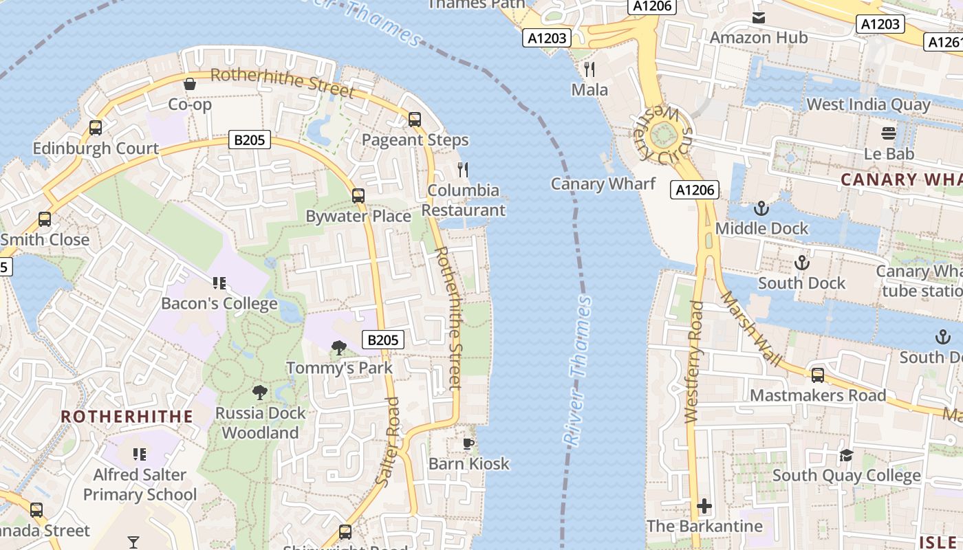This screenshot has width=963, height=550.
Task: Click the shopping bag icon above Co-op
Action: pyautogui.click(x=190, y=84)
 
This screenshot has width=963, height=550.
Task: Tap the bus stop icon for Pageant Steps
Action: pyautogui.click(x=414, y=119)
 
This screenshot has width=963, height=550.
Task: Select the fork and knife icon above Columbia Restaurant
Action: pyautogui.click(x=463, y=169)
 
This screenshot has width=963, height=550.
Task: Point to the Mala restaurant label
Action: pyautogui.click(x=589, y=89)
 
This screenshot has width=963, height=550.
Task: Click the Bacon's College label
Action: pyautogui.click(x=219, y=303)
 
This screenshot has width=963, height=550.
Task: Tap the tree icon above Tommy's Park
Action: pyautogui.click(x=338, y=348)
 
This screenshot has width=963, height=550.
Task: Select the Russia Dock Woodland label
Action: pyautogui.click(x=260, y=423)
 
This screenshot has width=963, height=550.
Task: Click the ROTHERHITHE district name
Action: pyautogui.click(x=127, y=417)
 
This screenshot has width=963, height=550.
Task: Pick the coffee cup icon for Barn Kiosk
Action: pyautogui.click(x=468, y=443)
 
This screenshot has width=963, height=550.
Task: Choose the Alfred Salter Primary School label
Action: pyautogui.click(x=140, y=485)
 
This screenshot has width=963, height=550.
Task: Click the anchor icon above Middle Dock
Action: pyautogui.click(x=761, y=208)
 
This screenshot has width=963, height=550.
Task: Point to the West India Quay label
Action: pyautogui.click(x=868, y=104)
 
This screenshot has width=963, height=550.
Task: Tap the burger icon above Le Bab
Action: pyautogui.click(x=889, y=133)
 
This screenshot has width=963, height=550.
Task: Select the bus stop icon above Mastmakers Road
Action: pyautogui.click(x=817, y=375)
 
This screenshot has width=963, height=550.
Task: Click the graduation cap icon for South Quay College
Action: pyautogui.click(x=846, y=455)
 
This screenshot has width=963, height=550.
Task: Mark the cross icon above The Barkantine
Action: pyautogui.click(x=704, y=507)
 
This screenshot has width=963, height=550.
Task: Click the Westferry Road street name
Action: pyautogui.click(x=695, y=362)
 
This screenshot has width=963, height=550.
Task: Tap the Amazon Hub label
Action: pyautogui.click(x=758, y=37)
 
